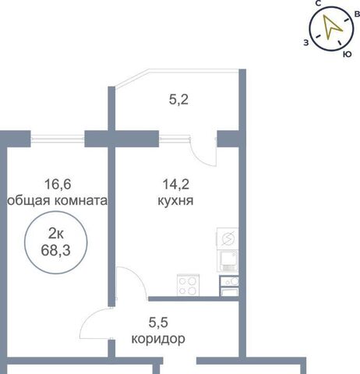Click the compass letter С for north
tap(318, 3)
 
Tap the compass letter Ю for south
tap(348, 54)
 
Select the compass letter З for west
tap(306, 43)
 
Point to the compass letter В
tap(357, 14)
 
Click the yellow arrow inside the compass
tap(330, 26)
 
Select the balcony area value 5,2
tap(178, 100)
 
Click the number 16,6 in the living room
tap(58, 184)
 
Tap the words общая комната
tap(57, 201)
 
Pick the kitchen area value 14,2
tap(175, 184)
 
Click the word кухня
tap(175, 201)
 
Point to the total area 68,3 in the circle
tap(55, 251)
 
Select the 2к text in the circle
tap(56, 235)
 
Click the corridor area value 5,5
tap(158, 323)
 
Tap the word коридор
tap(158, 339)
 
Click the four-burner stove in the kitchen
tap(188, 285)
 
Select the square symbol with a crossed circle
tap(228, 238)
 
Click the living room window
tap(58, 139)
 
